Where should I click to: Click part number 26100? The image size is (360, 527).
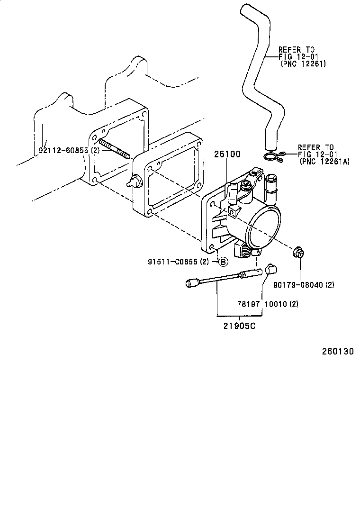pos(227,154)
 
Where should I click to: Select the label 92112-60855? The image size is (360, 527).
pos(64,150)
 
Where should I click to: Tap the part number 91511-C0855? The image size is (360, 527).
pos(173,262)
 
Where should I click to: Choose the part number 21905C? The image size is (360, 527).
pos(239,326)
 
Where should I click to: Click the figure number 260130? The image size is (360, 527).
pos(338,351)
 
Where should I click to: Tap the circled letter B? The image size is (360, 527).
pos(223,262)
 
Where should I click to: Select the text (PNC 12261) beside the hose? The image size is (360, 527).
pos(303,64)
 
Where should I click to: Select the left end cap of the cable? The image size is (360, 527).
pos(191,283)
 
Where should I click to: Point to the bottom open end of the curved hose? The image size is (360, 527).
pos(270,147)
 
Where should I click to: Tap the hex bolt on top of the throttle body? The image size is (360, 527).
pos(246,184)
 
